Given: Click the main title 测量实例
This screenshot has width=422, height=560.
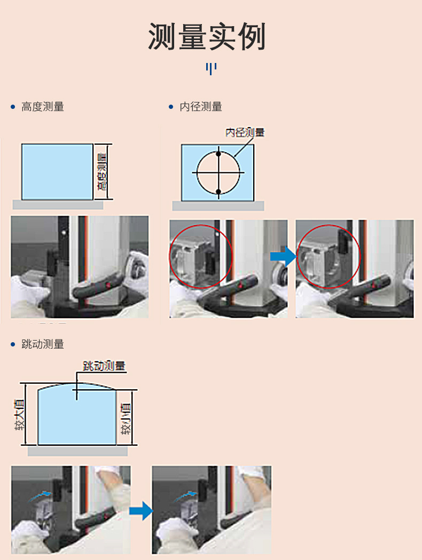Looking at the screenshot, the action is pyautogui.click(x=207, y=36).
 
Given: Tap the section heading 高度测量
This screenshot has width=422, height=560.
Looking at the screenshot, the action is pyautogui.click(x=43, y=107).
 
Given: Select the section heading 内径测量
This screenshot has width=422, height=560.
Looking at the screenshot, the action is pyautogui.click(x=201, y=107).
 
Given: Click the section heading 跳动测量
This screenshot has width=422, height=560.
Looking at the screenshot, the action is pyautogui.click(x=43, y=344).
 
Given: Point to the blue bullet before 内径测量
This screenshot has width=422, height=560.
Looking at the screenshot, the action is pyautogui.click(x=171, y=107).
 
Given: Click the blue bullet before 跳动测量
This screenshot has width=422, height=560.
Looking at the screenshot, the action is pyautogui.click(x=13, y=344).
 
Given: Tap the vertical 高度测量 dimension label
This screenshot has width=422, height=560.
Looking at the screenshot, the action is pyautogui.click(x=102, y=172).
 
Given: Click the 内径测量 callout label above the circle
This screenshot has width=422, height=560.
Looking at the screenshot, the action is pyautogui.click(x=245, y=132).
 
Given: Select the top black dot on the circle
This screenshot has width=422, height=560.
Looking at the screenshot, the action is pyautogui.click(x=218, y=154).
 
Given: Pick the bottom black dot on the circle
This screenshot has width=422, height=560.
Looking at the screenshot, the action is pyautogui.click(x=218, y=192).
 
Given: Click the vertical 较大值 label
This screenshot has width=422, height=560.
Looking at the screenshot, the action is pyautogui.click(x=20, y=415).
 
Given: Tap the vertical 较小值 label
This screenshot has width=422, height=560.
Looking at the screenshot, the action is pyautogui.click(x=126, y=419).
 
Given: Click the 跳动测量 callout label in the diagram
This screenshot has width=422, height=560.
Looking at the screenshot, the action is pyautogui.click(x=104, y=366).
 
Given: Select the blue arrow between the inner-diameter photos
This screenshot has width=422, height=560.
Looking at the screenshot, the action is pyautogui.click(x=283, y=256).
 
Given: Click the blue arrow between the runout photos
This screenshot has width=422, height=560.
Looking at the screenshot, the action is pyautogui.click(x=141, y=511).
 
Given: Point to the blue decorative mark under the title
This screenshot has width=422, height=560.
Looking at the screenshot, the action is pyautogui.click(x=211, y=68).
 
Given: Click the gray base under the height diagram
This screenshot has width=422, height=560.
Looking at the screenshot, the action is pyautogui.click(x=58, y=204).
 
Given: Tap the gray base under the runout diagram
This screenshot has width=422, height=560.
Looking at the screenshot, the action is pyautogui.click(x=77, y=451).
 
